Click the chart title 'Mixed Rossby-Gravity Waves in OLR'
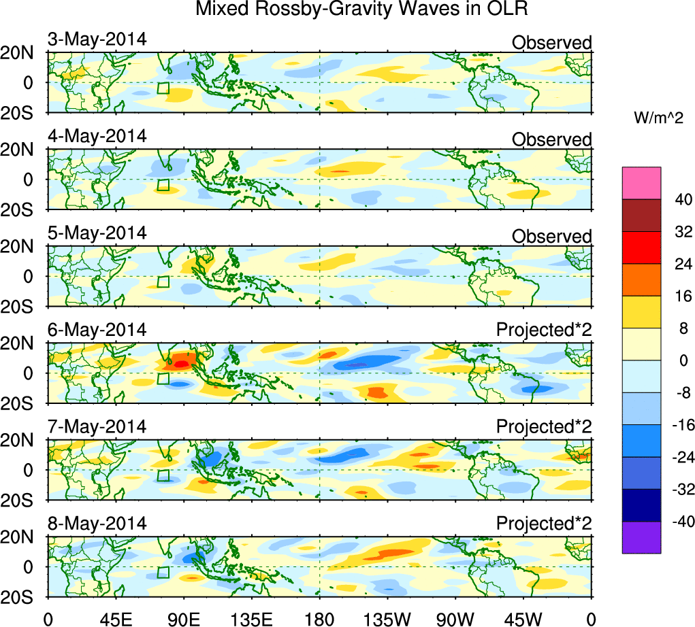pos(361,10)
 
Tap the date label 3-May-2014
pos(97,39)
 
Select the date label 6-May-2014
pos(97,330)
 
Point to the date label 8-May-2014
pos(97,524)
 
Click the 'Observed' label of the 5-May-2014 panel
pos(551,237)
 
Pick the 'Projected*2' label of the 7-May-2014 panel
pos(544,427)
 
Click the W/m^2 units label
pos(658,118)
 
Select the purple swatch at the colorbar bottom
pos(641,537)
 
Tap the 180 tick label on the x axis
pos(319,617)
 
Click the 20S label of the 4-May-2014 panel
pos(22,209)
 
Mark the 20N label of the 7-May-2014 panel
pos(22,440)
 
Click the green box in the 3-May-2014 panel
pos(163,88)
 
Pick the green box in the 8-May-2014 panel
pos(163,573)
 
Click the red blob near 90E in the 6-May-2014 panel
pos(181,363)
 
